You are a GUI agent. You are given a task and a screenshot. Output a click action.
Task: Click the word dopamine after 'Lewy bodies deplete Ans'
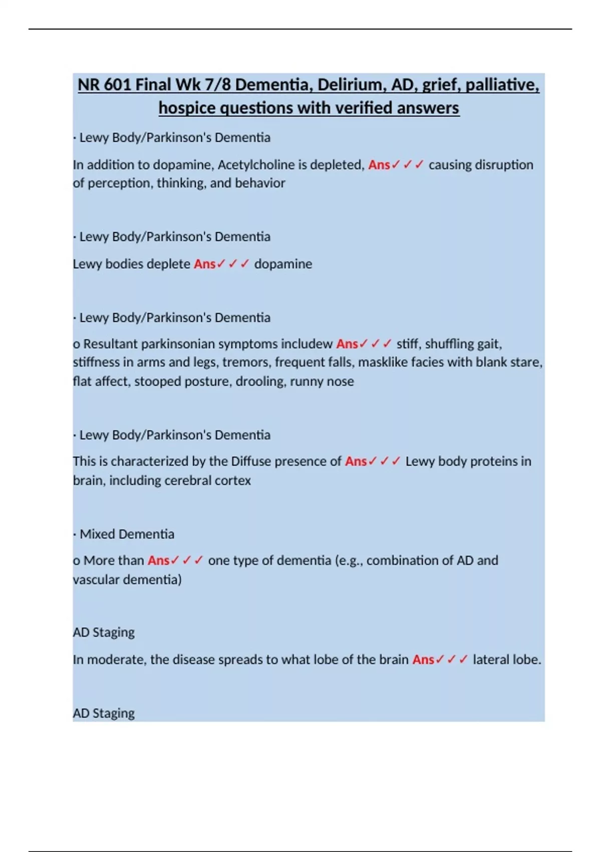283,264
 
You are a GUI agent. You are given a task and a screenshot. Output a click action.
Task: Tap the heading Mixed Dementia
127,534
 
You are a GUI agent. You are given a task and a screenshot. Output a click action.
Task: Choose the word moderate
115,660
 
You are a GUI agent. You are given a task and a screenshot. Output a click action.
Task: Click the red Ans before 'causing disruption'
379,165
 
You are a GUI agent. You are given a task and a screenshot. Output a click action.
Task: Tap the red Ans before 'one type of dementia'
158,560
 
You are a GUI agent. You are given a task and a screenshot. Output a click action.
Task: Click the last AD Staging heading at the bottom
104,713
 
